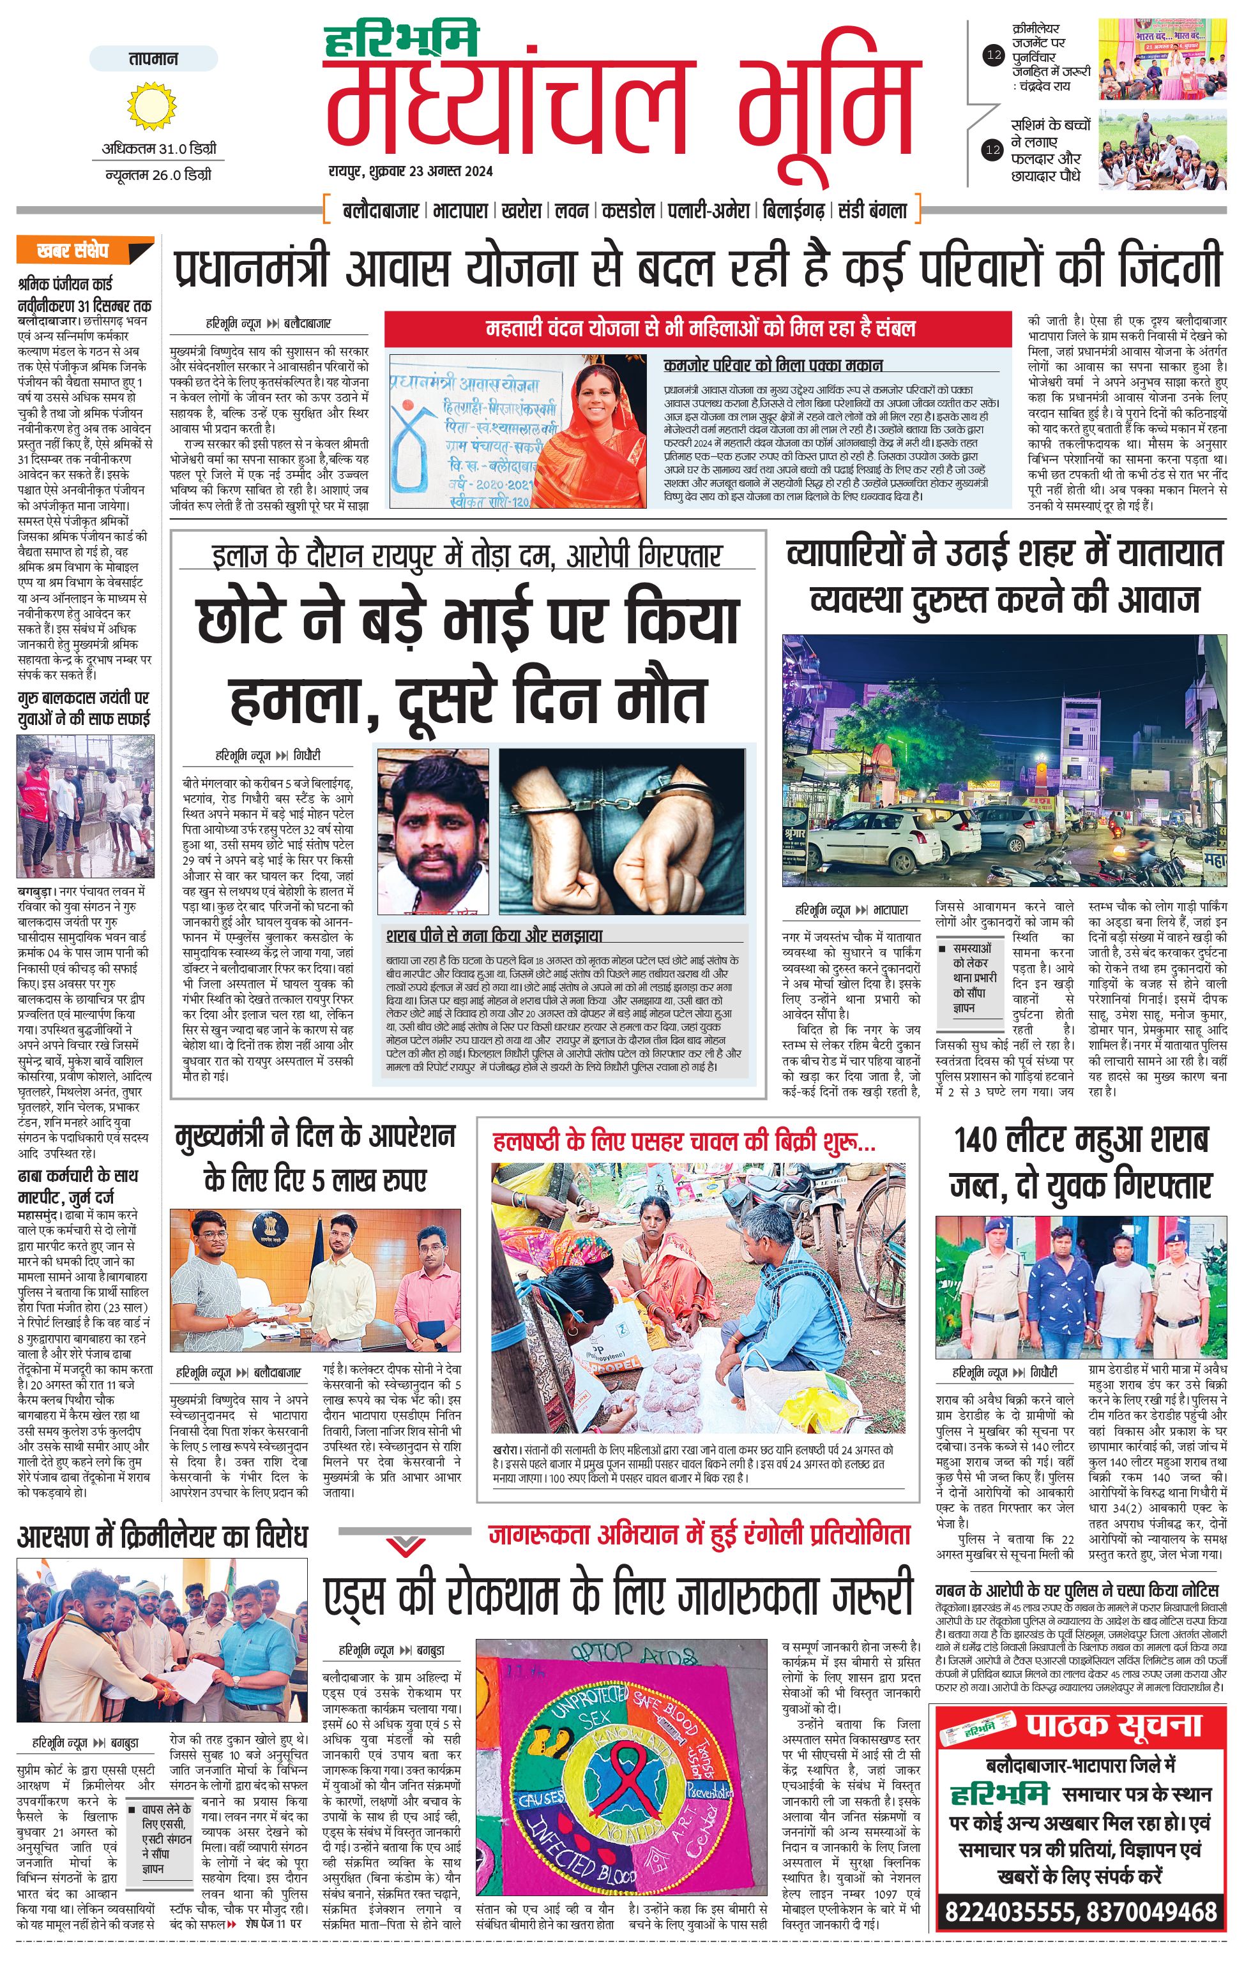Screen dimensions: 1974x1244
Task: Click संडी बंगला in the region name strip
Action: pos(872,211)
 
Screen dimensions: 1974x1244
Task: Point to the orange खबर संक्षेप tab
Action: pos(84,251)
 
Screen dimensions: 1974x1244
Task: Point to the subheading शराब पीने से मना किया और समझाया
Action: pos(494,936)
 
